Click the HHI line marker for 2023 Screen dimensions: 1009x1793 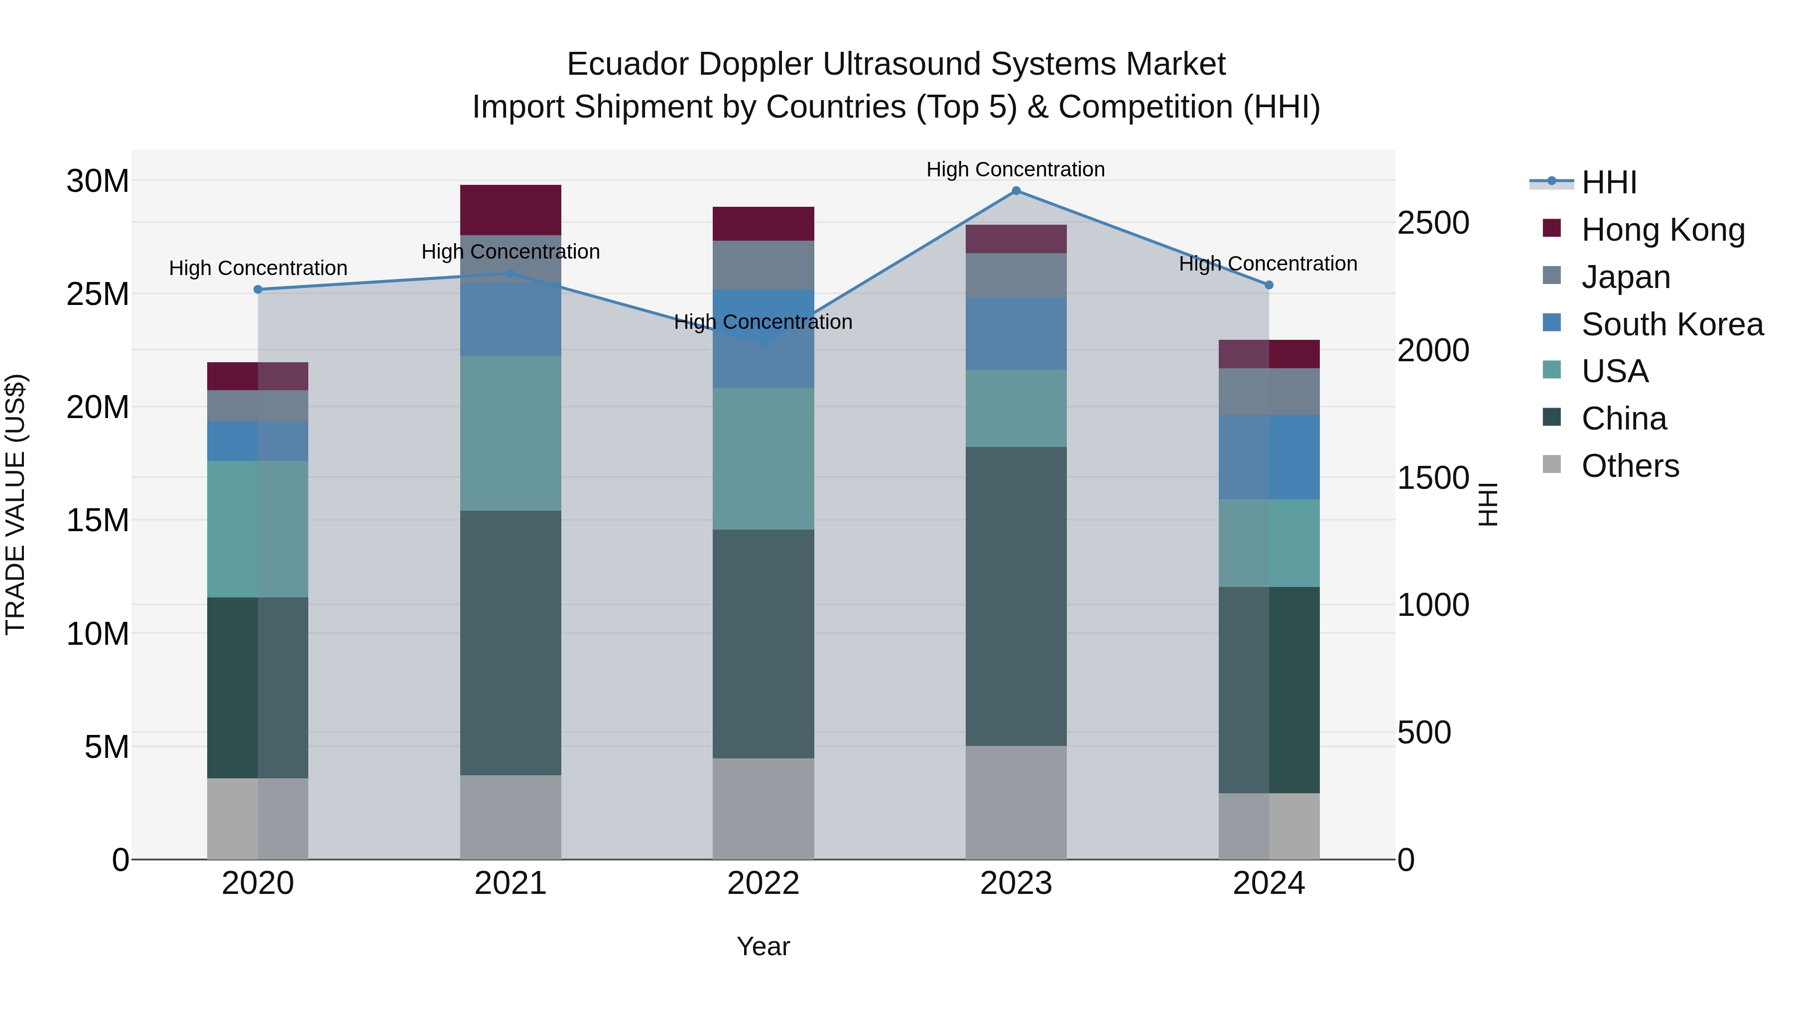tap(1016, 191)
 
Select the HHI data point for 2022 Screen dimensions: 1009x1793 tap(763, 343)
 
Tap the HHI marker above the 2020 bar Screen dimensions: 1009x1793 tap(257, 289)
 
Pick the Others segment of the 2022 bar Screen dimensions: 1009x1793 tap(763, 809)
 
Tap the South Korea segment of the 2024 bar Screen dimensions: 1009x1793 tap(1269, 457)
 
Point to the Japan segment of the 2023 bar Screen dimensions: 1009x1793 tap(1016, 275)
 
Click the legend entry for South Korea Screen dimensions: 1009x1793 tap(1672, 324)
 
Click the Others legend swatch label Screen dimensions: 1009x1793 tap(1630, 466)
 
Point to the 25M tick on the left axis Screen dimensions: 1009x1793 tap(98, 294)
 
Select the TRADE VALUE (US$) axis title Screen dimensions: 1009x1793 tap(15, 504)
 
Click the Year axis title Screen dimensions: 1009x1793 tap(763, 946)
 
